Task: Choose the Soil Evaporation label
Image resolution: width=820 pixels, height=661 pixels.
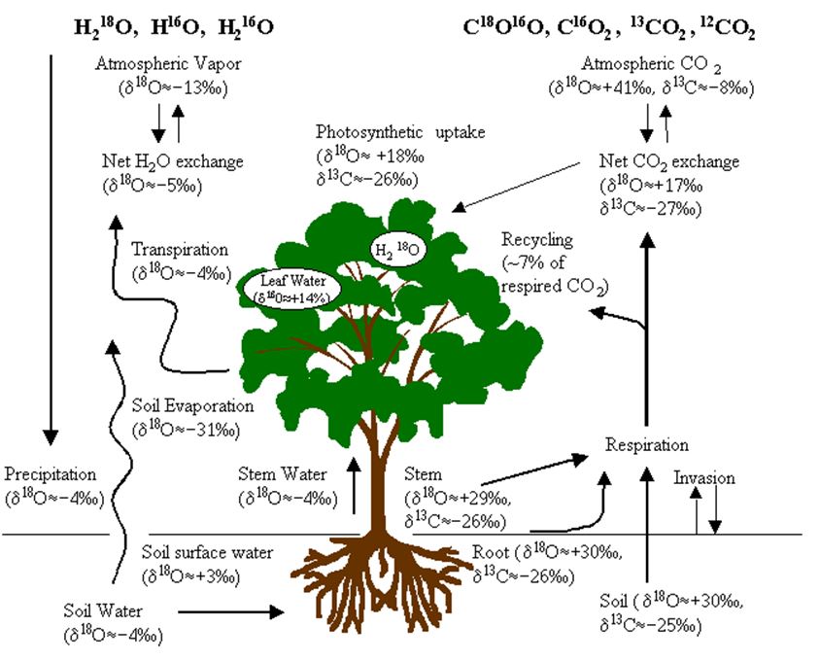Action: pos(191,406)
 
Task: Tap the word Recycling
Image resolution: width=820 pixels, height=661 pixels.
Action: pos(537,240)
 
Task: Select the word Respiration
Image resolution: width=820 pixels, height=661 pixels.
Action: pos(646,445)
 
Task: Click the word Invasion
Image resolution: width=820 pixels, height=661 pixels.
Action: pos(704,478)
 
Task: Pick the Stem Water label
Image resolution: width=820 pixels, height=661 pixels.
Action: pos(282,474)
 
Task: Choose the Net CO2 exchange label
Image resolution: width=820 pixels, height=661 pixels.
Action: pos(669,161)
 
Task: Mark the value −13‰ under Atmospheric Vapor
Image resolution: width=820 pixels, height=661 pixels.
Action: pos(190,84)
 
